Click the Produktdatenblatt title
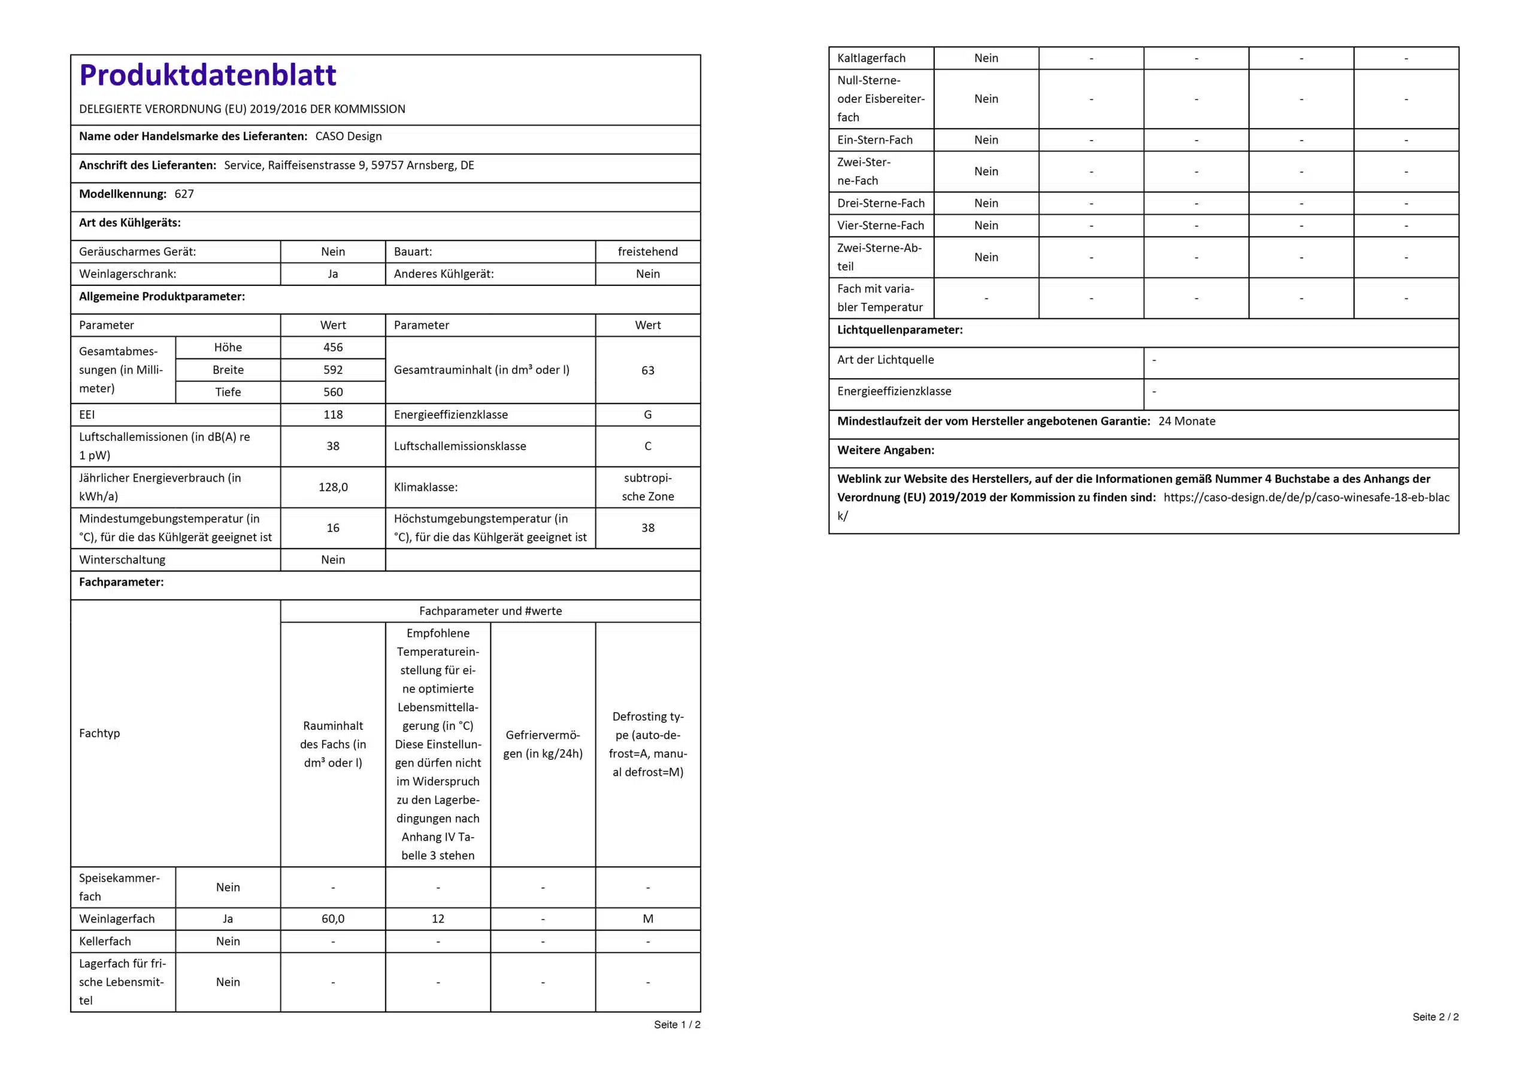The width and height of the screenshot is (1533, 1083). (207, 75)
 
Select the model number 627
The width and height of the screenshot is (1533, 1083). (184, 194)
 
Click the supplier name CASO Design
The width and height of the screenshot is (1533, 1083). (348, 136)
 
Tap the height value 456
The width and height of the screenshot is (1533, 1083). (332, 348)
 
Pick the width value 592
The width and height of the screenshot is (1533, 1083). (332, 370)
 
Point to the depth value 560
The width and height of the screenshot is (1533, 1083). (332, 393)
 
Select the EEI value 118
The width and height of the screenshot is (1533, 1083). (332, 415)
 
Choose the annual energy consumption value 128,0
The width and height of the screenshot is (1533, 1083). (332, 487)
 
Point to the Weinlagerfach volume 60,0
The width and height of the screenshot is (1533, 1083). (332, 919)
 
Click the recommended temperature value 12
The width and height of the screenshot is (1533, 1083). (437, 919)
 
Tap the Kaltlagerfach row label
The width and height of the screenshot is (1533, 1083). (871, 58)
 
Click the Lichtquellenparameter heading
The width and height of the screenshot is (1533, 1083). (899, 330)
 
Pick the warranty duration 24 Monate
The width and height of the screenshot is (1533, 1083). (1186, 421)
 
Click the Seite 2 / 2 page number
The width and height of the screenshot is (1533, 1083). (1435, 1017)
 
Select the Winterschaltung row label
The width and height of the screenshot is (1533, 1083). (122, 560)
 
